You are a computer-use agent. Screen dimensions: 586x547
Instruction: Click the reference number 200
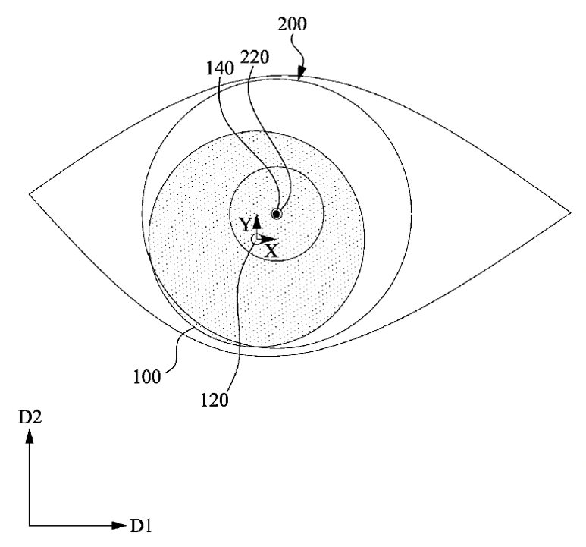click(292, 24)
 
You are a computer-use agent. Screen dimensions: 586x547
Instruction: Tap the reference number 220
click(255, 57)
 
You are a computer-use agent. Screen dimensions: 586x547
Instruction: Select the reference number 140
click(221, 68)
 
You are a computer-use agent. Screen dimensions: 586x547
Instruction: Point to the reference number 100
click(147, 377)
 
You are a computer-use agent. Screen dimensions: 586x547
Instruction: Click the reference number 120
click(215, 400)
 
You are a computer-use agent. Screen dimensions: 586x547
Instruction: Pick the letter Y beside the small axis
click(245, 225)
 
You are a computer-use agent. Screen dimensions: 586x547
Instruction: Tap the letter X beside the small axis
click(271, 251)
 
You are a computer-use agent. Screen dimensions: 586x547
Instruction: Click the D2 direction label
click(30, 417)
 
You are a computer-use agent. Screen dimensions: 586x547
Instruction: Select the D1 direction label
click(141, 526)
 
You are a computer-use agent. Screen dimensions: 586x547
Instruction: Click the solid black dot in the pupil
click(277, 214)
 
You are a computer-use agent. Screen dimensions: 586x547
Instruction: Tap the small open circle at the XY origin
click(257, 239)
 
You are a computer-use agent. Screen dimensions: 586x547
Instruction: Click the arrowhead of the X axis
click(269, 239)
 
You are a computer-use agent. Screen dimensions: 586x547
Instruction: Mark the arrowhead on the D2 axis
click(29, 436)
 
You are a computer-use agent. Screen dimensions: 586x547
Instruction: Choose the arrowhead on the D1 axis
click(119, 525)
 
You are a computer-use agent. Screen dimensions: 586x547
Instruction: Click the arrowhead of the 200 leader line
click(301, 74)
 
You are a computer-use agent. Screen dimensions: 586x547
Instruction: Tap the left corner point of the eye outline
click(30, 194)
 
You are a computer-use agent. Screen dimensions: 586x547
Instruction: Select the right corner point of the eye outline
click(571, 212)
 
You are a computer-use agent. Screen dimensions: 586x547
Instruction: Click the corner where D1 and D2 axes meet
click(29, 525)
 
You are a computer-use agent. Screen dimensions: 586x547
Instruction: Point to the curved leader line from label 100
click(175, 350)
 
